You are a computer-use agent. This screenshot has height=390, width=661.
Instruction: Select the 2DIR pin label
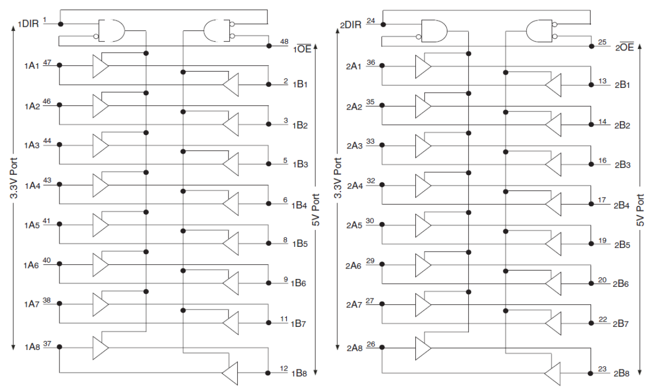[x=350, y=25]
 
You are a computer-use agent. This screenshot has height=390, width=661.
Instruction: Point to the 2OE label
[x=625, y=47]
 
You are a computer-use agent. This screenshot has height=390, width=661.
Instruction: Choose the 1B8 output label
[x=300, y=373]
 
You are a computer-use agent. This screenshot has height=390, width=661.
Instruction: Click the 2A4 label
[x=354, y=186]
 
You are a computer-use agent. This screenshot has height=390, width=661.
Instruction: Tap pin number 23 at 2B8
[x=603, y=368]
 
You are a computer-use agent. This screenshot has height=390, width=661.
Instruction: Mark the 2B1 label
[x=623, y=85]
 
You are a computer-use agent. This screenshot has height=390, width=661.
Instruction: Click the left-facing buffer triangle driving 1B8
[x=230, y=373]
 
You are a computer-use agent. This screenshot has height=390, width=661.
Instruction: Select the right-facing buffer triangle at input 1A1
[x=100, y=65]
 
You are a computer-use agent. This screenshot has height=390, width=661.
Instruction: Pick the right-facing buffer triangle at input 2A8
[x=423, y=347]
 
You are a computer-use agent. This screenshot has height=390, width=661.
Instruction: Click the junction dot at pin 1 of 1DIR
[x=60, y=24]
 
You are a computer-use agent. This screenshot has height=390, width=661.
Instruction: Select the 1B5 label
[x=300, y=244]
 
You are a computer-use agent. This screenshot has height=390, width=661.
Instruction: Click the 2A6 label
[x=354, y=266]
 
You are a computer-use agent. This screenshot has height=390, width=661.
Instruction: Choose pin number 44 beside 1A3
[x=47, y=141]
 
